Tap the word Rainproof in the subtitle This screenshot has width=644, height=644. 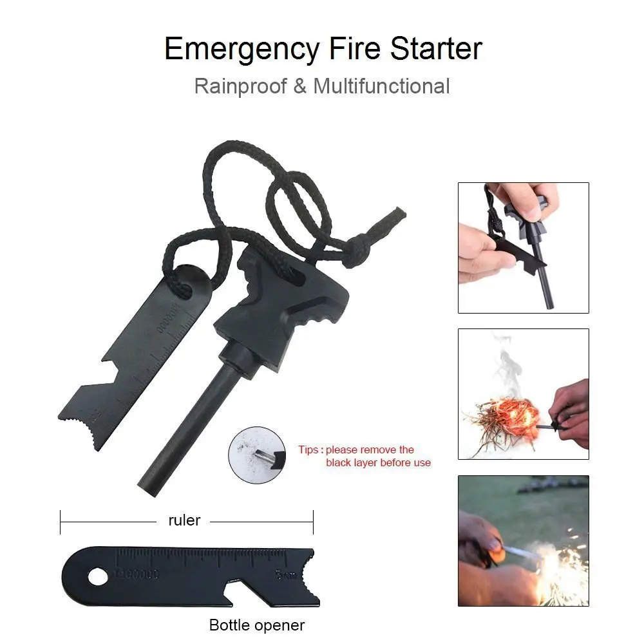[240, 86]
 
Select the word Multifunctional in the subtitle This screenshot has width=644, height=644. [381, 86]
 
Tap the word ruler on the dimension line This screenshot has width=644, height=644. [184, 520]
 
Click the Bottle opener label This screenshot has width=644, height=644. [257, 625]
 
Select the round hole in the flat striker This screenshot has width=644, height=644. [98, 577]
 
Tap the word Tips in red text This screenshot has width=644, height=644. [308, 450]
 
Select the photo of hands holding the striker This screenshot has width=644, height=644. [523, 248]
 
